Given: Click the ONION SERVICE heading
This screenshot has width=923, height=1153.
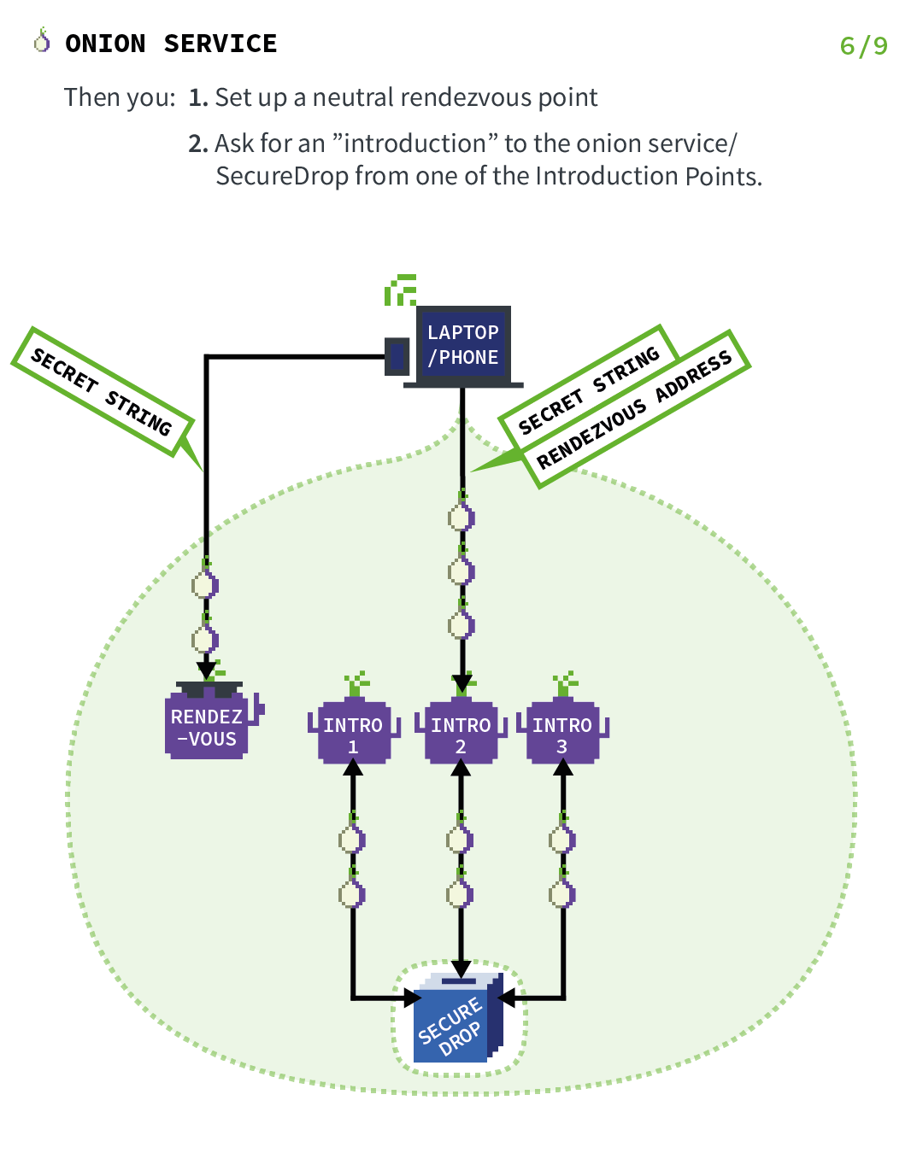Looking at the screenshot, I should [x=171, y=44].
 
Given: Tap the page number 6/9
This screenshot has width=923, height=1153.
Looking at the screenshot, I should [x=863, y=45].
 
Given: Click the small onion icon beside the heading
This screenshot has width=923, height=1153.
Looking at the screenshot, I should [x=42, y=40].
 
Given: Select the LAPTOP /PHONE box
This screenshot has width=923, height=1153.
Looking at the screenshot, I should [x=463, y=346].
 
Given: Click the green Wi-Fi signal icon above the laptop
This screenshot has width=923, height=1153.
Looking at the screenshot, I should [x=400, y=290].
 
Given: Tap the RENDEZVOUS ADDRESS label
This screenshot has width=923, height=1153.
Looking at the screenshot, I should [x=635, y=409].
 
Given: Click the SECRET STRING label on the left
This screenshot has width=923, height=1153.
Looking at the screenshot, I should [x=101, y=391].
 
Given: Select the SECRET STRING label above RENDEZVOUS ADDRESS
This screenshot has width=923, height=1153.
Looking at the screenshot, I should [x=589, y=389].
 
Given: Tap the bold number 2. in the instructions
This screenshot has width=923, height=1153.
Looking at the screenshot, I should [x=198, y=143].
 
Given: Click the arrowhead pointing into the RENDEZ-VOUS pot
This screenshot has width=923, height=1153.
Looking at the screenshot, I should [x=206, y=669].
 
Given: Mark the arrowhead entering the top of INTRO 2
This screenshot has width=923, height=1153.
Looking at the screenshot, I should [x=462, y=683].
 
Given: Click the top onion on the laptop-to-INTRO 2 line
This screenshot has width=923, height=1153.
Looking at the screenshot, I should [x=461, y=516].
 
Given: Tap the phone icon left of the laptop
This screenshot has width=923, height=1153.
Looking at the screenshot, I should [x=397, y=356].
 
